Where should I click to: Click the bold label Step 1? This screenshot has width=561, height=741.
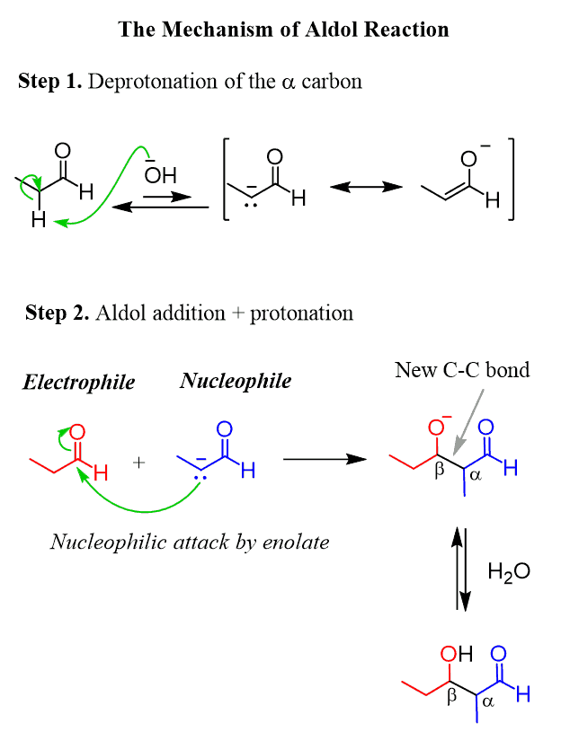pos(50,82)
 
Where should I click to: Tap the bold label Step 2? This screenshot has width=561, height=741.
pos(58,313)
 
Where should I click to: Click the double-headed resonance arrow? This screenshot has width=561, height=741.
pos(366,187)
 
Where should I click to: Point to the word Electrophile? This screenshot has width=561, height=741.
pos(78,383)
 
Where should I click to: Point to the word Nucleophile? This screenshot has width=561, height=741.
pos(236,381)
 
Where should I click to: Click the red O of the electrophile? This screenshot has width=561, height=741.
pos(77,434)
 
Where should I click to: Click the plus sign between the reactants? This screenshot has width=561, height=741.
pos(139,463)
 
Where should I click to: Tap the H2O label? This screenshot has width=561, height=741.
pos(508,571)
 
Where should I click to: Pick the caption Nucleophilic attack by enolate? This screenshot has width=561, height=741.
pos(190,542)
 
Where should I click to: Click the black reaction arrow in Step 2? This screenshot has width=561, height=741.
pos(325,459)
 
